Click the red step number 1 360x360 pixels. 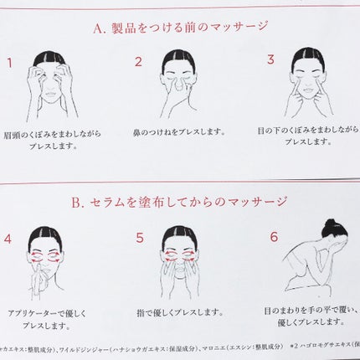tap(9, 63)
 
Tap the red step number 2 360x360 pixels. tap(139, 62)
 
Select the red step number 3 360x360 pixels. tap(270, 59)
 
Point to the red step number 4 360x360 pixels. tap(8, 237)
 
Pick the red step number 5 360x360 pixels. tap(139, 237)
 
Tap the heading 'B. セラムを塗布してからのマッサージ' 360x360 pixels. tap(180, 202)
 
